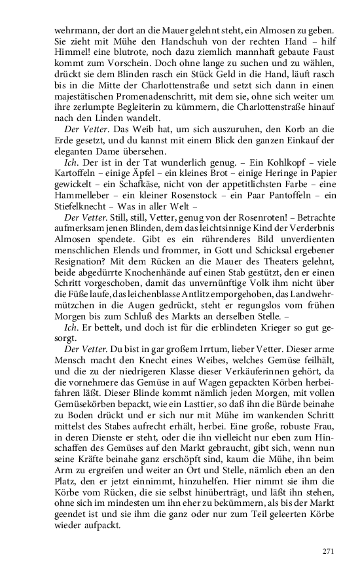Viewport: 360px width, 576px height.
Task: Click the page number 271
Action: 328,550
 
